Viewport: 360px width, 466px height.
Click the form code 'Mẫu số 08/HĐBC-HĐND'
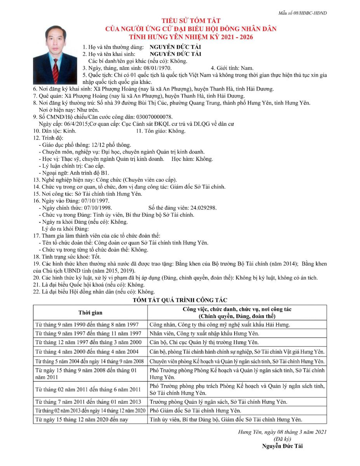click(302, 13)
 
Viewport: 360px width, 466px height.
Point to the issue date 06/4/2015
click(69, 124)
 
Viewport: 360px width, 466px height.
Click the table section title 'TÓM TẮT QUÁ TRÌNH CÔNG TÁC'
click(180, 300)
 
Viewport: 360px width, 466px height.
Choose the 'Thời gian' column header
click(90, 313)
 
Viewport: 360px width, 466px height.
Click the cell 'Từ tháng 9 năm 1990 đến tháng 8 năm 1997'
click(87, 325)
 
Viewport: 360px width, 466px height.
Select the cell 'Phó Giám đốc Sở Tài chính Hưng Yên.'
click(195, 410)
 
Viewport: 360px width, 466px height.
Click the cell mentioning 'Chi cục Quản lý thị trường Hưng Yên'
click(204, 343)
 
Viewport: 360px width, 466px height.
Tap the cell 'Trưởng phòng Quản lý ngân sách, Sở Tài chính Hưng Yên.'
click(218, 402)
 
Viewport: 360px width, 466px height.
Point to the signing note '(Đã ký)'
click(282, 439)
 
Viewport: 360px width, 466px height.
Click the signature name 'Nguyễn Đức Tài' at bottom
click(282, 446)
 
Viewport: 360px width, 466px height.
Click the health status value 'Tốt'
click(96, 257)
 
